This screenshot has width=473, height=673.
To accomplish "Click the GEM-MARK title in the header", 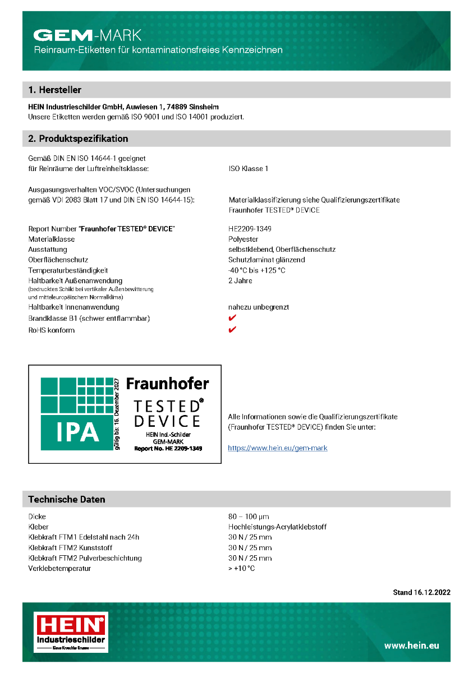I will point(88,36).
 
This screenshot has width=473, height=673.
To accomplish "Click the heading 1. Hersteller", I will point(55,90).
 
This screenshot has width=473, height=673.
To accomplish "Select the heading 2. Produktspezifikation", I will point(78,139).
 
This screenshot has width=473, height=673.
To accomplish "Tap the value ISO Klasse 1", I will point(248,169).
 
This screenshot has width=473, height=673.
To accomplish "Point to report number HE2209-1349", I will point(250,229).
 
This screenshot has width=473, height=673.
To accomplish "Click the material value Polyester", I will point(244,239).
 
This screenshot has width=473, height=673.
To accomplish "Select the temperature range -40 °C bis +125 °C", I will point(256,270).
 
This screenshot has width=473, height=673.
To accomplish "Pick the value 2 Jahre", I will point(240,280).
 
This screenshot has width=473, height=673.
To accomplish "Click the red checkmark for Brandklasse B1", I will point(232,318).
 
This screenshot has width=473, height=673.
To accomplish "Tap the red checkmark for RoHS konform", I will point(232,329).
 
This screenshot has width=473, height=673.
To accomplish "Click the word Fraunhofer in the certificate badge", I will point(167,384).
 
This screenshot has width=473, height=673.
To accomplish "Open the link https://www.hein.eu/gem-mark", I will point(277,448).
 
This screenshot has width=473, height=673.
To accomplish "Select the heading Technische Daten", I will point(67,499).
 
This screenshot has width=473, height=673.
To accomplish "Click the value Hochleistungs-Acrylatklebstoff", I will point(277,527).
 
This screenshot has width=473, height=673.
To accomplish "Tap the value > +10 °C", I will point(241,569).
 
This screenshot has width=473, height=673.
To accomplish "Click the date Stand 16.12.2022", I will point(421,592).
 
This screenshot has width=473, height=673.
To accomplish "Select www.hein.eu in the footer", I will point(411,646).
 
